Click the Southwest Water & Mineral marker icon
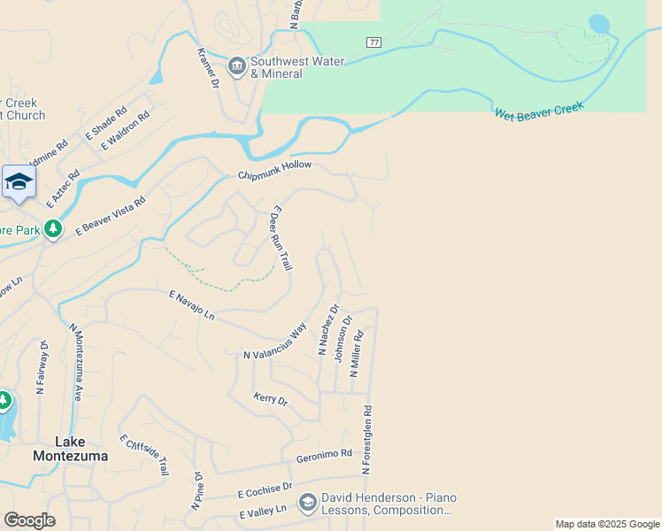click(236, 66)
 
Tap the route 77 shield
click(373, 42)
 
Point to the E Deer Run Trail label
click(281, 238)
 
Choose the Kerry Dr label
click(271, 400)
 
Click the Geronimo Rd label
click(324, 454)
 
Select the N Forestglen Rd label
click(367, 437)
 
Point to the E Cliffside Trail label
click(143, 455)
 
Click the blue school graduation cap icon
click(19, 182)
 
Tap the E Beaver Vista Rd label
click(111, 215)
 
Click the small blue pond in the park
click(599, 23)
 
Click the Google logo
click(28, 520)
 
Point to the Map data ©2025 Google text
click(607, 524)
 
